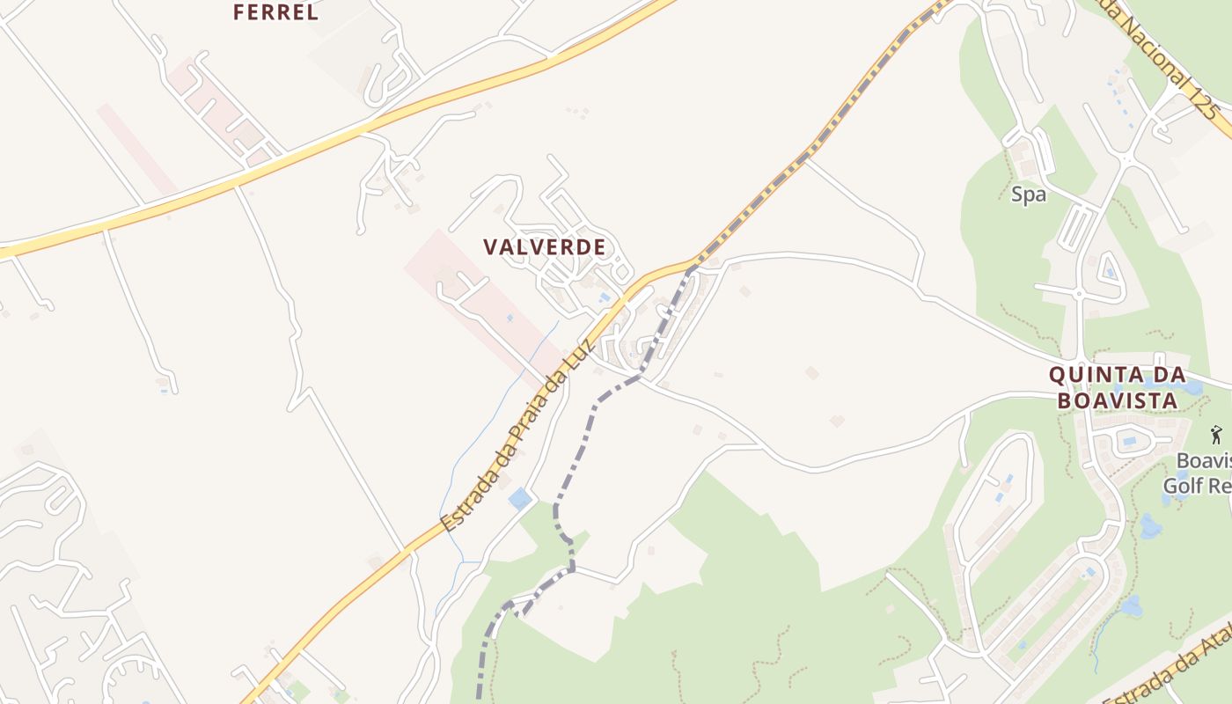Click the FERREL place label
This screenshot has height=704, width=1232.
click(275, 12)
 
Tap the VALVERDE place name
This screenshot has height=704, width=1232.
click(545, 247)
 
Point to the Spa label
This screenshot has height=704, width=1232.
click(1028, 195)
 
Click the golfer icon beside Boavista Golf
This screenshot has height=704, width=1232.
click(1216, 434)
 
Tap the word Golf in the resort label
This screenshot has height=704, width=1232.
click(1184, 485)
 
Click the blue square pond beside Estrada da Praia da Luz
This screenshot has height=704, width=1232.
click(520, 499)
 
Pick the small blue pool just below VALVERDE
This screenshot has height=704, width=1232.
click(604, 298)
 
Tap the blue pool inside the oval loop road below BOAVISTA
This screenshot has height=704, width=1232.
click(1129, 440)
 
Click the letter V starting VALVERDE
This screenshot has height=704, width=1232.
click(490, 247)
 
